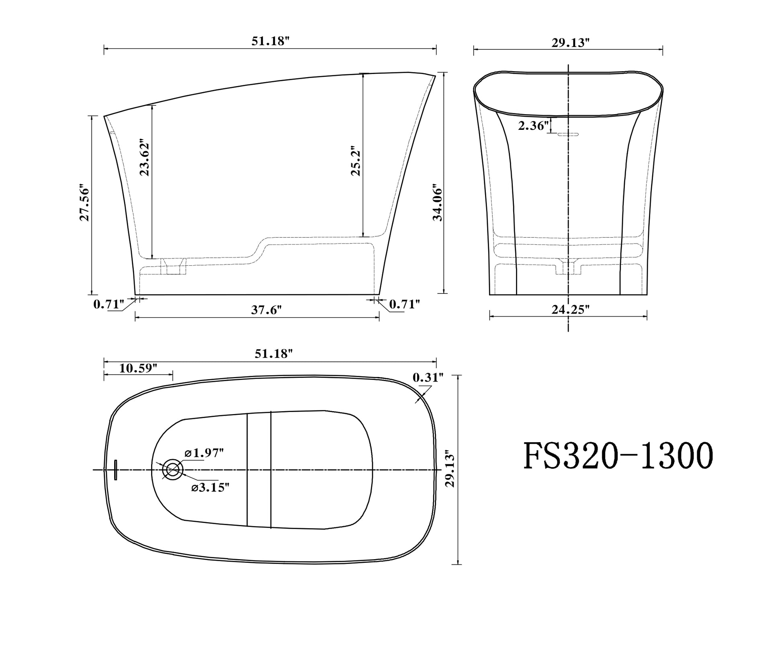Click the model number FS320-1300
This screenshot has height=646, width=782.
point(618,457)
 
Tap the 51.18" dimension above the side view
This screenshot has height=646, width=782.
point(270,41)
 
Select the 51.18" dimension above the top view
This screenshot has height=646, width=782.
point(274,354)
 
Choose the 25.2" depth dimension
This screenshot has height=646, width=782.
point(356,161)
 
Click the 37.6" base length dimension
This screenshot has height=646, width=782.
point(266,310)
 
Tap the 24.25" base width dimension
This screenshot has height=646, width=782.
point(570,310)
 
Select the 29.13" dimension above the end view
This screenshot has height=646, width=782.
point(570,43)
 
